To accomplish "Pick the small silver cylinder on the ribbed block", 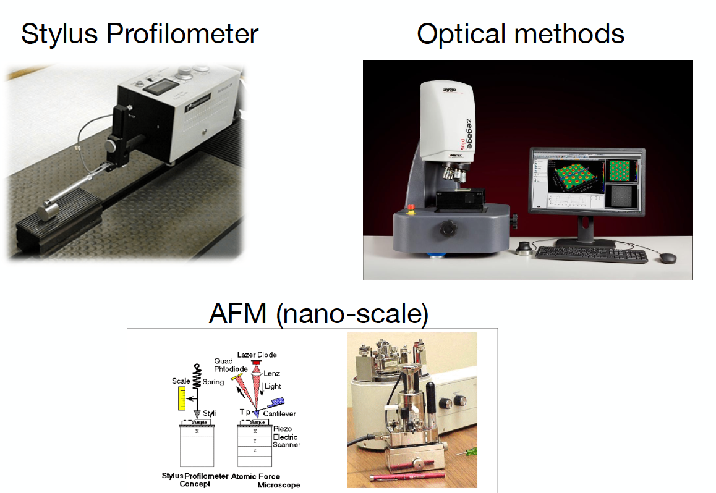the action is tap(48, 211).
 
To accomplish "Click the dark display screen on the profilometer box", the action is tap(163, 86).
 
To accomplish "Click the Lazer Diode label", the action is tap(257, 355).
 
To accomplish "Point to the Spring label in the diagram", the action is tap(213, 382).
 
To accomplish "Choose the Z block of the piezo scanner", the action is tap(255, 451).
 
